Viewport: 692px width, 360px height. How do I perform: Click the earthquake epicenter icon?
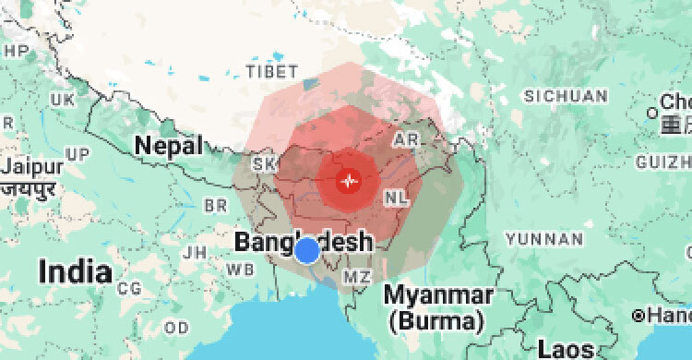pyautogui.click(x=348, y=181)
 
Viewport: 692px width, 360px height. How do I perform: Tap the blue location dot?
pyautogui.click(x=307, y=249)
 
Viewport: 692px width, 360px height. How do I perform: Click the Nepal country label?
pyautogui.click(x=168, y=145)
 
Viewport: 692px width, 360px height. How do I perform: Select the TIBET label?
pyautogui.click(x=272, y=71)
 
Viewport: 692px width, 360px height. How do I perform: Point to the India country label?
pyautogui.click(x=76, y=272)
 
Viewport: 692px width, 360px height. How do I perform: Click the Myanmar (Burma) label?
pyautogui.click(x=437, y=308)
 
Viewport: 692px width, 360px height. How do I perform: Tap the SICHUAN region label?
pyautogui.click(x=566, y=96)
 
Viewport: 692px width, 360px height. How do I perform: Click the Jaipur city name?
pyautogui.click(x=32, y=167)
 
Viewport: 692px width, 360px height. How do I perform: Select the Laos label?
pyautogui.click(x=566, y=350)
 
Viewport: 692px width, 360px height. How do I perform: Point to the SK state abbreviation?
pyautogui.click(x=265, y=163)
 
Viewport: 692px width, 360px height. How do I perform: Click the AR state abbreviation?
pyautogui.click(x=406, y=138)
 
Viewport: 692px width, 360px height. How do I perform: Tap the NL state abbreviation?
pyautogui.click(x=395, y=198)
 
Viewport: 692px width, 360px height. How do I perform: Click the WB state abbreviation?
pyautogui.click(x=242, y=270)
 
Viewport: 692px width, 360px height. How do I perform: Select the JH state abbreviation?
pyautogui.click(x=195, y=251)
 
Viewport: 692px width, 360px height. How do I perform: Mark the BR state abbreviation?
pyautogui.click(x=215, y=204)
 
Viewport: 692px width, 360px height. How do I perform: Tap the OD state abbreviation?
pyautogui.click(x=176, y=328)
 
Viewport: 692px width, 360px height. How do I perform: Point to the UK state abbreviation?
pyautogui.click(x=63, y=99)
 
